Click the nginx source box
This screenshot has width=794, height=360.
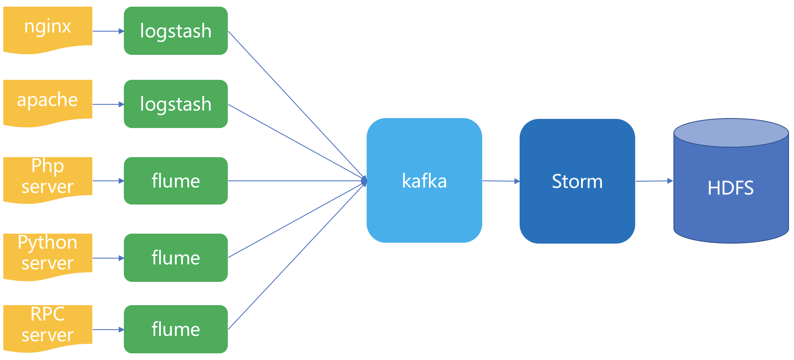47,28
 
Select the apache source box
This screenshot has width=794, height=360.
47,101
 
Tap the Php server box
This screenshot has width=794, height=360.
47,178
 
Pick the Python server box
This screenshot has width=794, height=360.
47,254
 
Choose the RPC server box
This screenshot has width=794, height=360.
47,326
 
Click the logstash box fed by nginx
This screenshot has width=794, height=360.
175,31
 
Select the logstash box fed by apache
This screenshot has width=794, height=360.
175,104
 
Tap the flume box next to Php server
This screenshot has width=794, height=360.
175,181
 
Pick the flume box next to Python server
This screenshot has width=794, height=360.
175,258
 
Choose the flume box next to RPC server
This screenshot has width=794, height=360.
175,329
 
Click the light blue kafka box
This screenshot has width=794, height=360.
424,180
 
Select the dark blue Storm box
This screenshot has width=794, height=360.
577,181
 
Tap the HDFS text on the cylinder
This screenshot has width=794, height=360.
730,188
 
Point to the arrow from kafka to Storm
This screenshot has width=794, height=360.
501,181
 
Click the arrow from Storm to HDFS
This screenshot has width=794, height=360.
654,181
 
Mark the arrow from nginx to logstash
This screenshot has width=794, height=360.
108,31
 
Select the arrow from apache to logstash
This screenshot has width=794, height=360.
108,104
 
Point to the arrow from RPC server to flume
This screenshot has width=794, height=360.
108,330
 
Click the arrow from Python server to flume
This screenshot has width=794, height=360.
108,258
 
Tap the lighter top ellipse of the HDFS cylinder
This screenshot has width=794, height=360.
731,133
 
